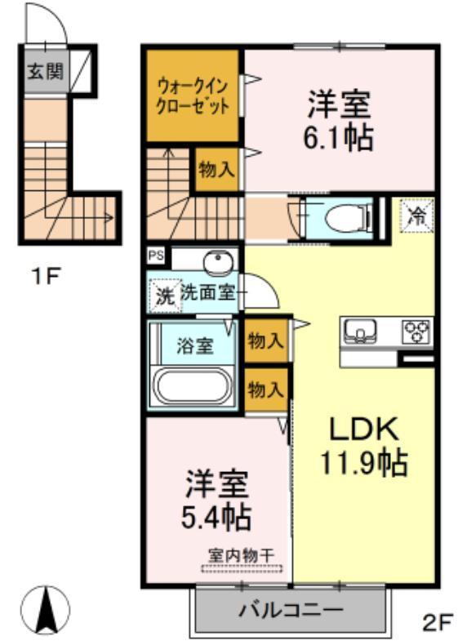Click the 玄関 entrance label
coord(46,73)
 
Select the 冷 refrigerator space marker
coord(416,215)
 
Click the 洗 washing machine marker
coord(165,296)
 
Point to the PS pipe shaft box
coord(156,256)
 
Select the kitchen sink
coord(359,330)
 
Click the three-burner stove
coord(417,331)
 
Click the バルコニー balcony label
coord(291,611)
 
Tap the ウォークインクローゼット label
coord(193,96)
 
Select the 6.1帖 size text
coord(338,138)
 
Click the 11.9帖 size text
coord(364,462)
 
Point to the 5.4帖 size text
coord(216,517)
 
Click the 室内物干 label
coord(242,555)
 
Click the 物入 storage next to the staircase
coord(217,169)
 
